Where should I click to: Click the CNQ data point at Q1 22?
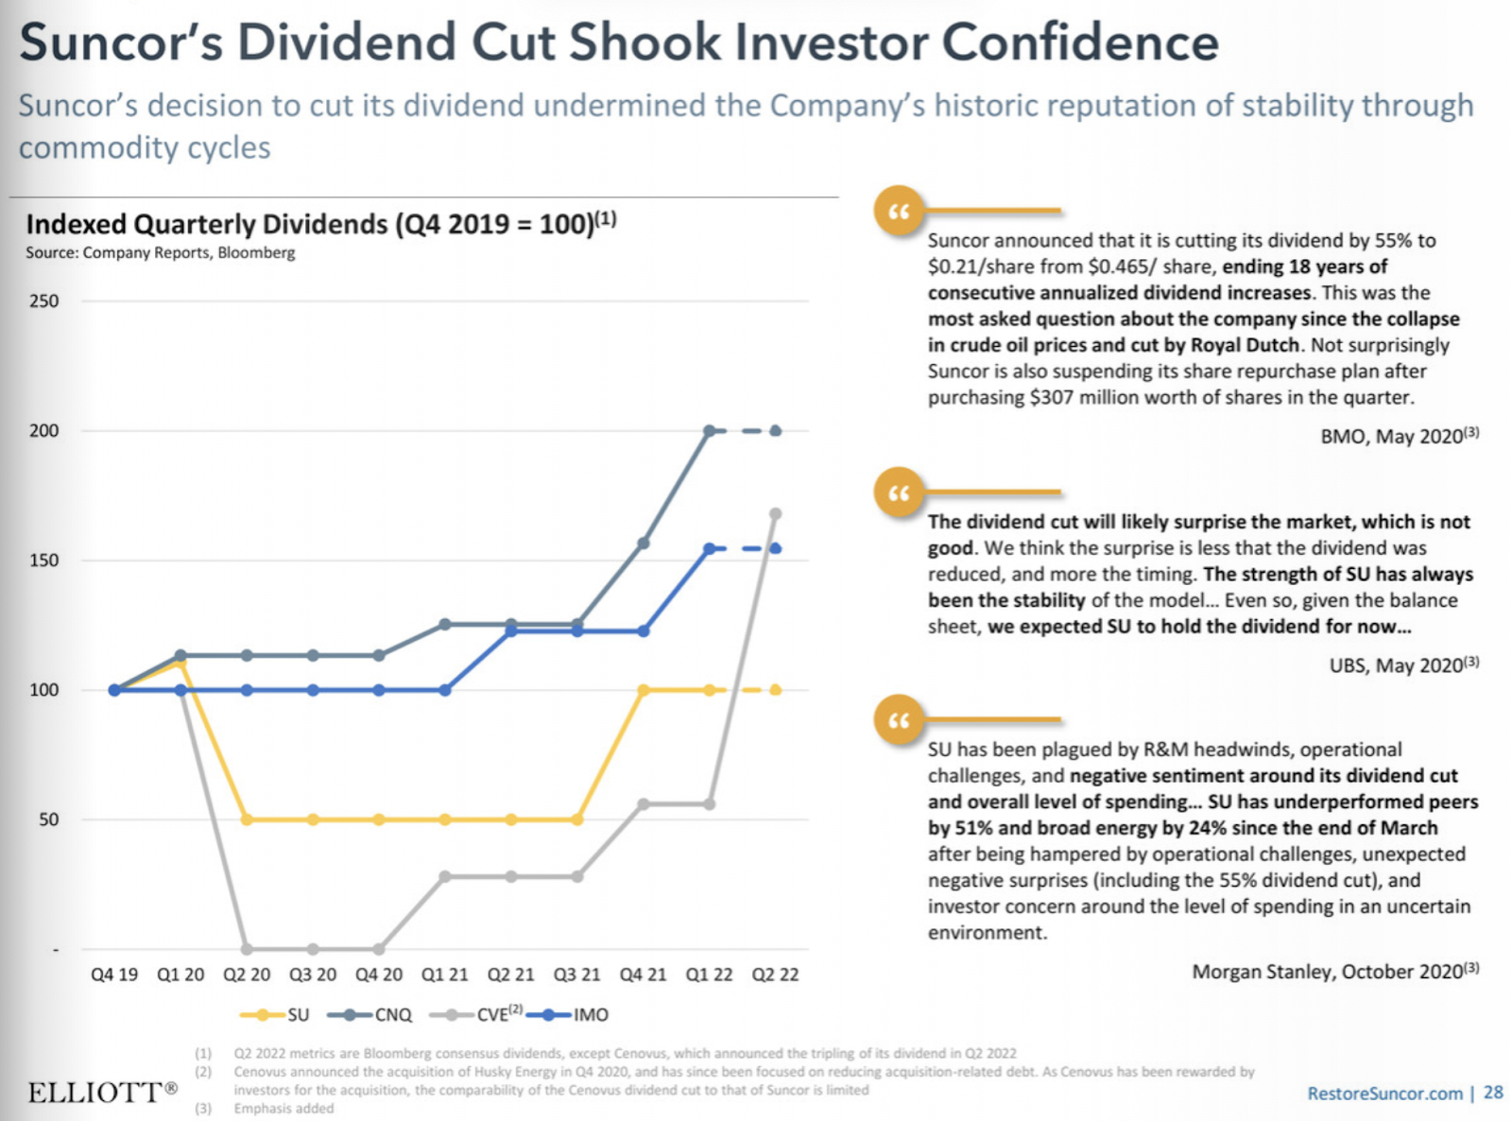point(710,431)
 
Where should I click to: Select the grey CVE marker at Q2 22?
point(776,514)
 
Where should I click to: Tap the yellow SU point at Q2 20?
point(247,819)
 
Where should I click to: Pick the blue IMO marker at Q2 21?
point(511,630)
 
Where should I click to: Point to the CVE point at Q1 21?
point(445,876)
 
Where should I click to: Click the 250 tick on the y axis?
point(43,302)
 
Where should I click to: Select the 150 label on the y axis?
point(43,560)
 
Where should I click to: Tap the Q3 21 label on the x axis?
point(576,974)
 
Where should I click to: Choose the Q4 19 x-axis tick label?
point(114,974)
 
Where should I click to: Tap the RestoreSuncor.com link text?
point(1384,1094)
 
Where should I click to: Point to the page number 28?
point(1493,1093)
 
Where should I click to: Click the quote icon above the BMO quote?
point(899,211)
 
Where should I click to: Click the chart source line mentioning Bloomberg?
point(161,252)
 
